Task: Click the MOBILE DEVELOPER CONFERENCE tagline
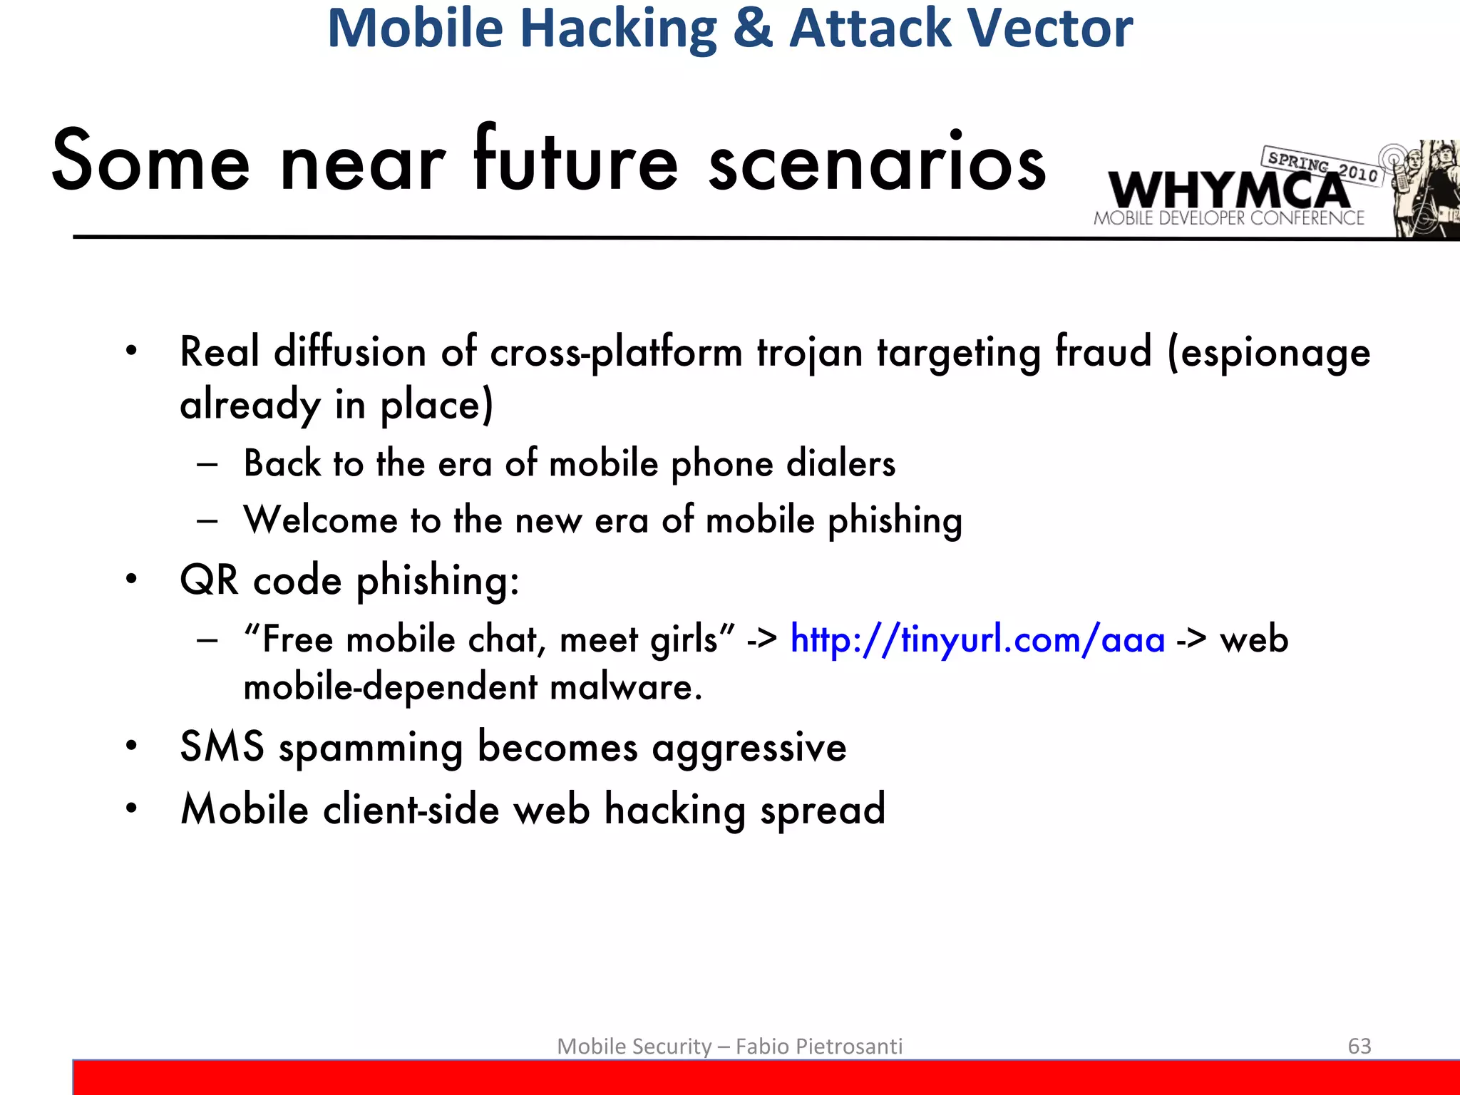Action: point(1229,218)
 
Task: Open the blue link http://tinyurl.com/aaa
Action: point(977,639)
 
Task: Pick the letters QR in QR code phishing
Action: point(209,580)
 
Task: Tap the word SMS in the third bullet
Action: point(222,747)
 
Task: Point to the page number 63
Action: point(1359,1046)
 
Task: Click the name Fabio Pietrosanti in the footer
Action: point(818,1046)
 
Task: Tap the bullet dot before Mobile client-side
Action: point(131,808)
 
